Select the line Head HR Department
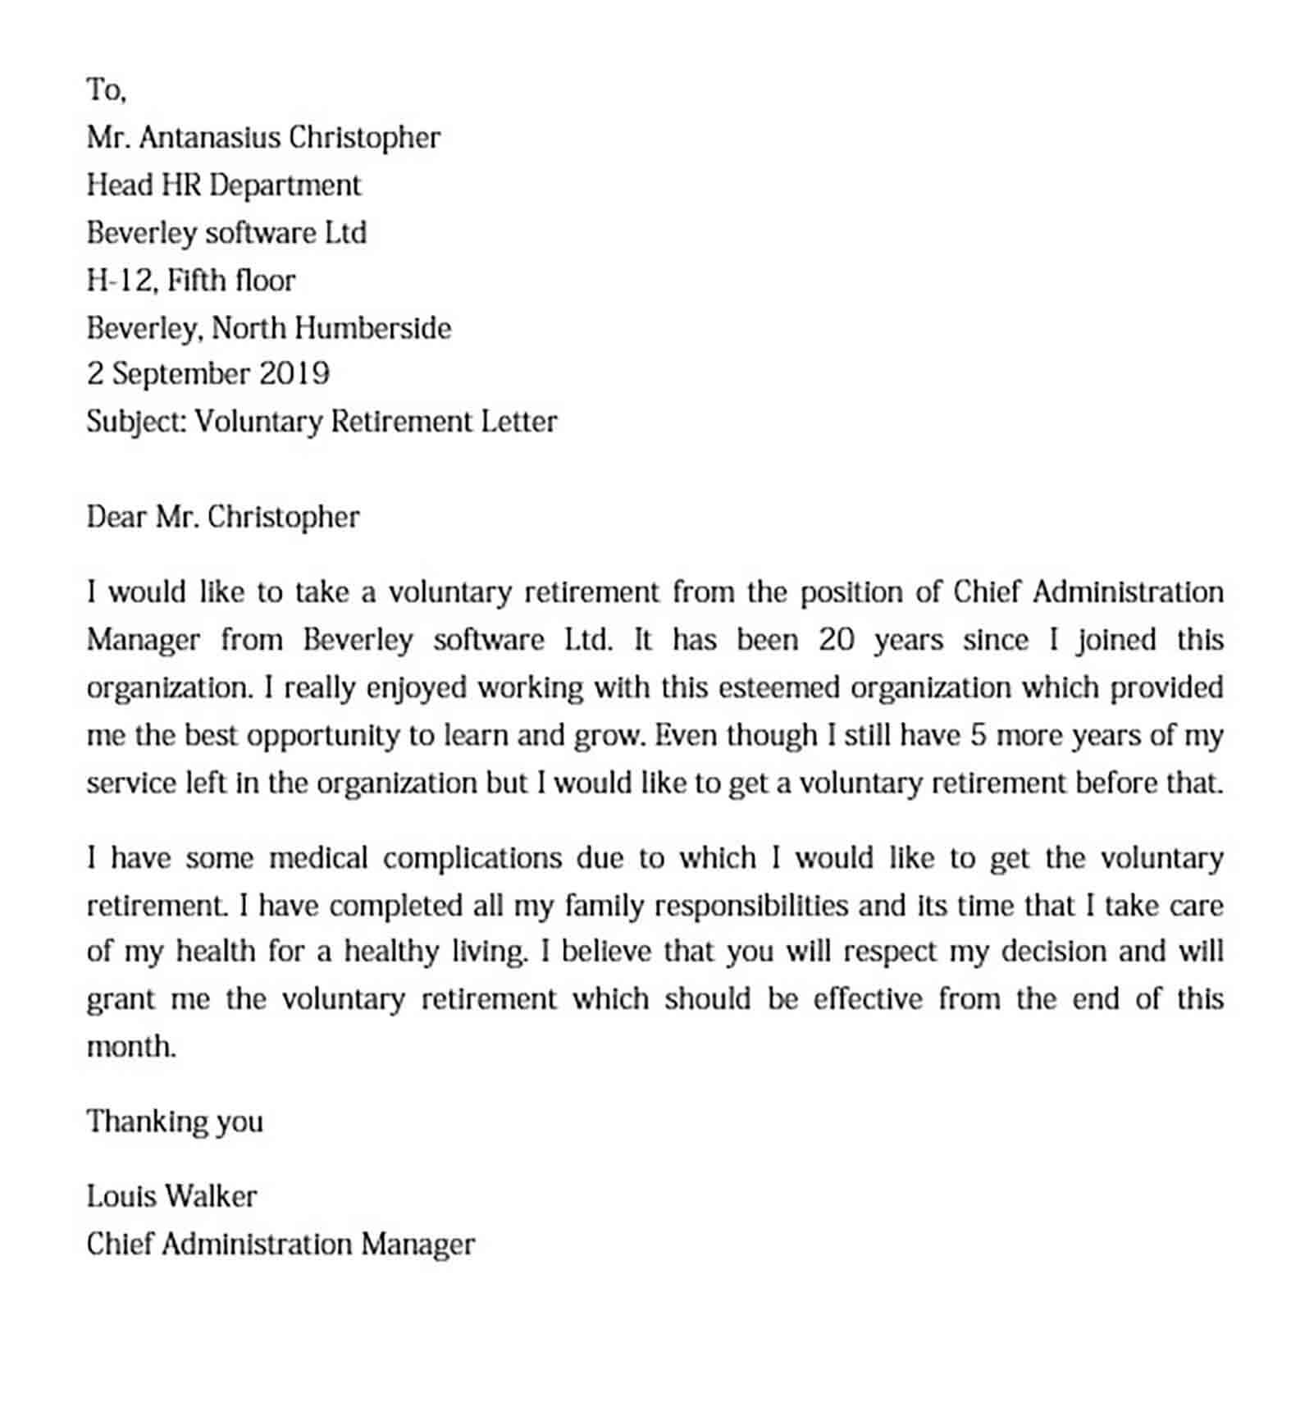(223, 185)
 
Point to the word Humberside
(372, 328)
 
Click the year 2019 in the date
(294, 374)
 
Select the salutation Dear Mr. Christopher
(222, 518)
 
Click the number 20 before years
(837, 640)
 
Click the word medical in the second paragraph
(318, 859)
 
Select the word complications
(472, 859)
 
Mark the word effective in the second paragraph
(869, 1000)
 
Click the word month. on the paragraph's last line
(131, 1048)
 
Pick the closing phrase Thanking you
(175, 1122)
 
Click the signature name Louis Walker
(171, 1197)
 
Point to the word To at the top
(106, 90)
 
